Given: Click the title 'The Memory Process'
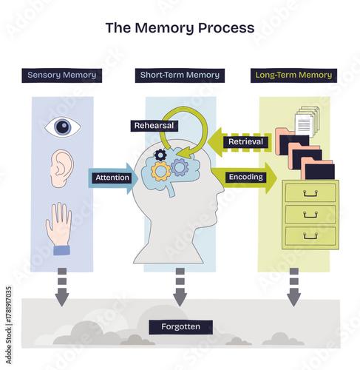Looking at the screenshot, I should (180, 28).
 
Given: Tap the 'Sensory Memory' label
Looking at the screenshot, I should (62, 75).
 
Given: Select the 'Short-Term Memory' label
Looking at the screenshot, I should (180, 75).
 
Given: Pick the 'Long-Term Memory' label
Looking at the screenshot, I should (293, 75).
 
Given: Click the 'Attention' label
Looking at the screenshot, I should (112, 178).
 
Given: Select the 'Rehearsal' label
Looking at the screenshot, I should (154, 126).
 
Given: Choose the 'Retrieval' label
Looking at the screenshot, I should (245, 141).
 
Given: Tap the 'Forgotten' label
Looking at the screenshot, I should (180, 326).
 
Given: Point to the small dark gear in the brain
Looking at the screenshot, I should (160, 155).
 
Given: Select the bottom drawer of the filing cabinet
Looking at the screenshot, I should (310, 237).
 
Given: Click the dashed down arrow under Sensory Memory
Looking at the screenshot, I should (62, 288).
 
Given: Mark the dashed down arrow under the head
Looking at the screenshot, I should (180, 288).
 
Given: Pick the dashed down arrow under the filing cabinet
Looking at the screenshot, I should (293, 288).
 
